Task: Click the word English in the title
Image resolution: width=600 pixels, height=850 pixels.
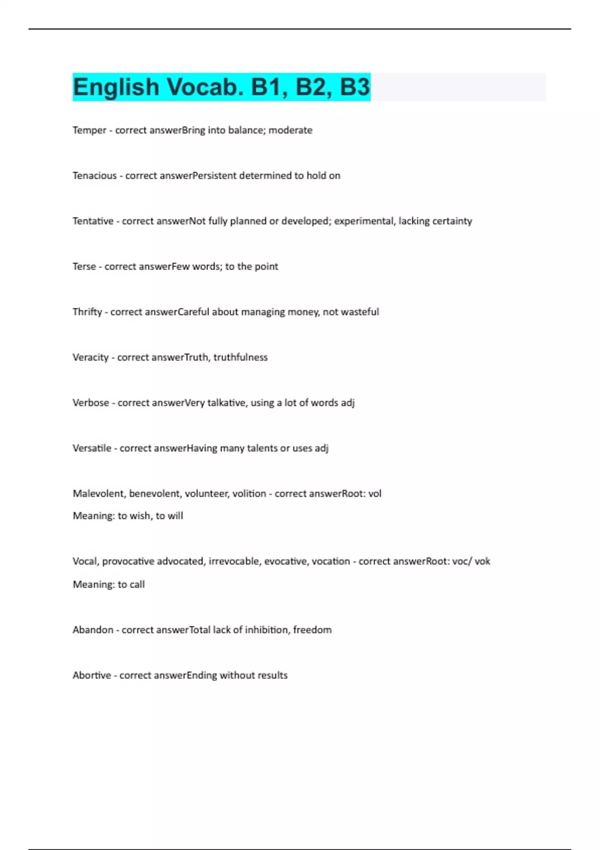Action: [x=116, y=87]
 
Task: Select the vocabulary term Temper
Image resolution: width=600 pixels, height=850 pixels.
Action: [x=89, y=130]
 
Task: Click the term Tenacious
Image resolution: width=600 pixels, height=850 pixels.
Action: [x=94, y=175]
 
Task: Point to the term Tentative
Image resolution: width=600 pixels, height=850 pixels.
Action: [x=93, y=221]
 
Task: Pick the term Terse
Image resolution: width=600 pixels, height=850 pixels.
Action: [x=84, y=266]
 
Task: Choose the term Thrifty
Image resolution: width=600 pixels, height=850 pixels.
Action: [x=87, y=312]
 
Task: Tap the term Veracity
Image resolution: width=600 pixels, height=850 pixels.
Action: [x=90, y=357]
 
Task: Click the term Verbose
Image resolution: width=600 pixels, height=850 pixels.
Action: [x=90, y=403]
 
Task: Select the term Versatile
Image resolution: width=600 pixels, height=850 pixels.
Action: [x=92, y=448]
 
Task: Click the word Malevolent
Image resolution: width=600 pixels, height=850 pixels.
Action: [x=98, y=494]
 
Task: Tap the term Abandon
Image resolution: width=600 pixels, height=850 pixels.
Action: [x=93, y=630]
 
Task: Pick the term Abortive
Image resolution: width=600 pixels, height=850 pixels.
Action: [x=92, y=675]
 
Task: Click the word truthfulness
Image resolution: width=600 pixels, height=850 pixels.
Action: [x=240, y=357]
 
